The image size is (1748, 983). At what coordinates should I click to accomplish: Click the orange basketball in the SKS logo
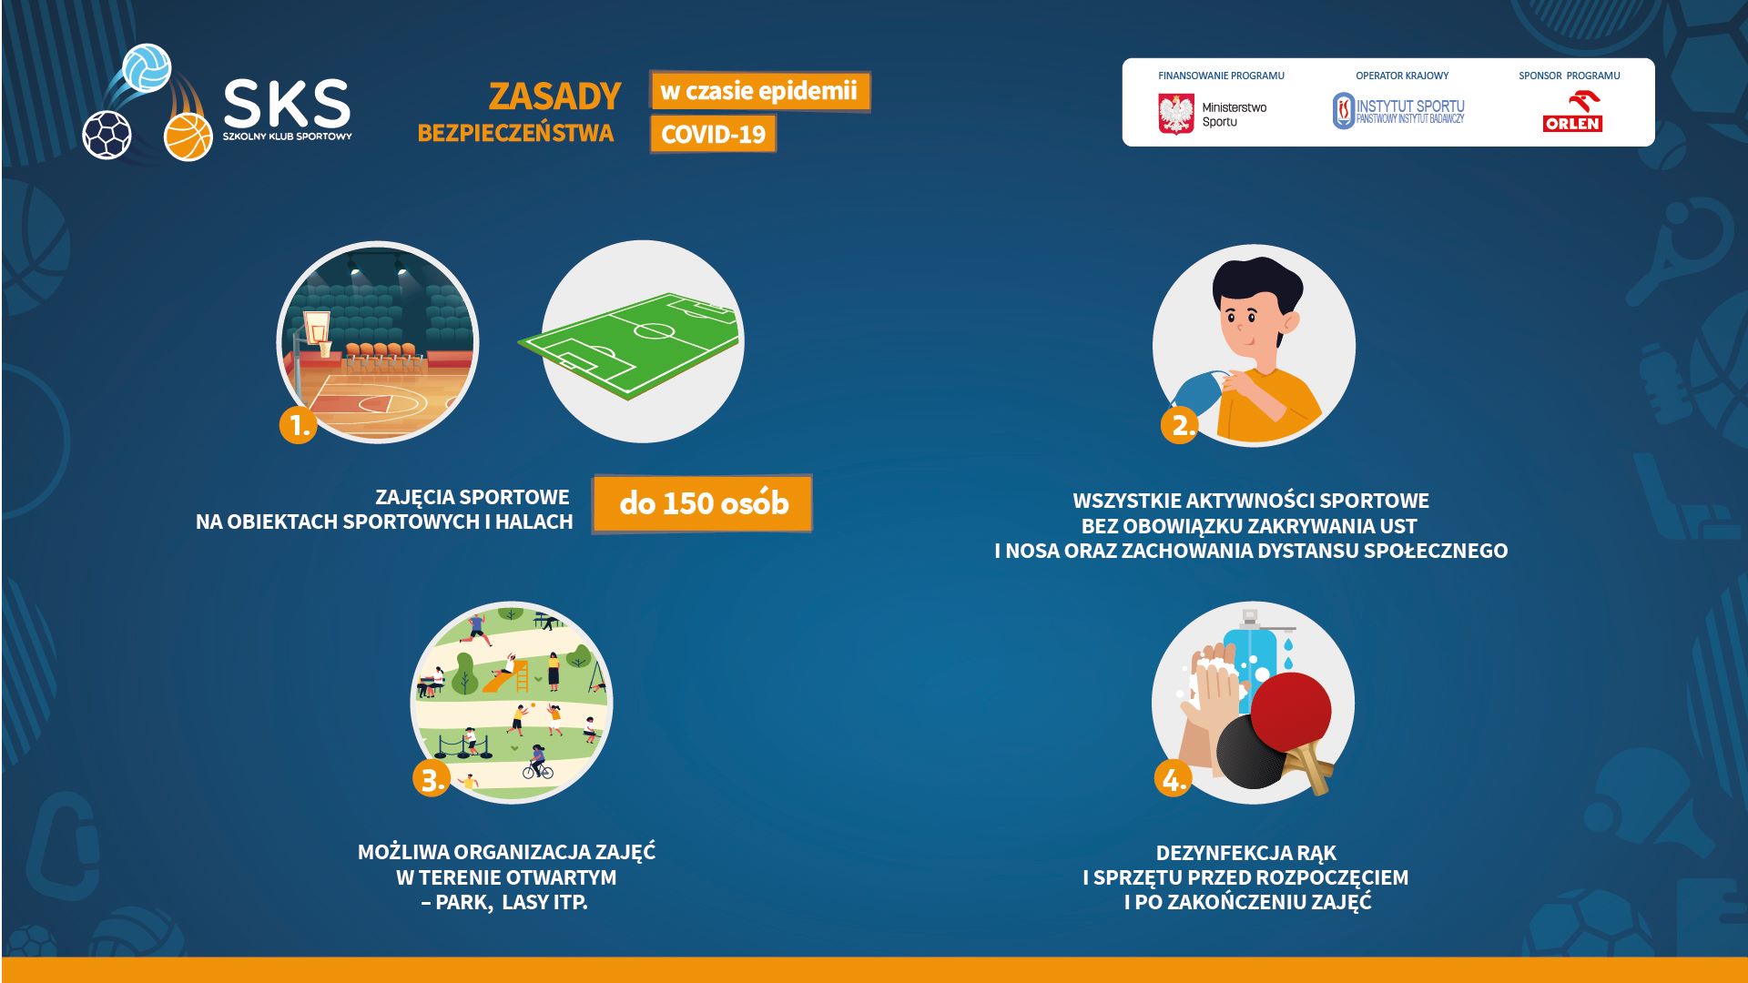pyautogui.click(x=188, y=137)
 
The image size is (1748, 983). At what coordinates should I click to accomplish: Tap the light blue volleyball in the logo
pyautogui.click(x=147, y=67)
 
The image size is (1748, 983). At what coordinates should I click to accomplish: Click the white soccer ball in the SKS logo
pyautogui.click(x=107, y=135)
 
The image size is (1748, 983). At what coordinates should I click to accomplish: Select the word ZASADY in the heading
pyautogui.click(x=554, y=96)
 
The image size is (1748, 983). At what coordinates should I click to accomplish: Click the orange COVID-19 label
pyautogui.click(x=713, y=135)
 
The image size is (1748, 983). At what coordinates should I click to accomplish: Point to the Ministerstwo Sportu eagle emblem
pyautogui.click(x=1175, y=114)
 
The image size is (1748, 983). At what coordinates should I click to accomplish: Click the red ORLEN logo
pyautogui.click(x=1572, y=113)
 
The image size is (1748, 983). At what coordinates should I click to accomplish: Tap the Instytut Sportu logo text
pyautogui.click(x=1410, y=111)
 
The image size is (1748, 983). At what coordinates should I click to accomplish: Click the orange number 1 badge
pyautogui.click(x=298, y=425)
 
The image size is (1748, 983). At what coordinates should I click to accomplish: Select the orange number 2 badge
pyautogui.click(x=1180, y=425)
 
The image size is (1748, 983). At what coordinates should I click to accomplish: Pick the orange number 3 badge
pyautogui.click(x=432, y=779)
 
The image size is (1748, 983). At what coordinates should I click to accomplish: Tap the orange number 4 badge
pyautogui.click(x=1173, y=779)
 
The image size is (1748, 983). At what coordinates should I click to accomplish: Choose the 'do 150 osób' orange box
pyautogui.click(x=702, y=503)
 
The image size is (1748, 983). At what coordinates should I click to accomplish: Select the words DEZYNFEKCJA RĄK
pyautogui.click(x=1245, y=853)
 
